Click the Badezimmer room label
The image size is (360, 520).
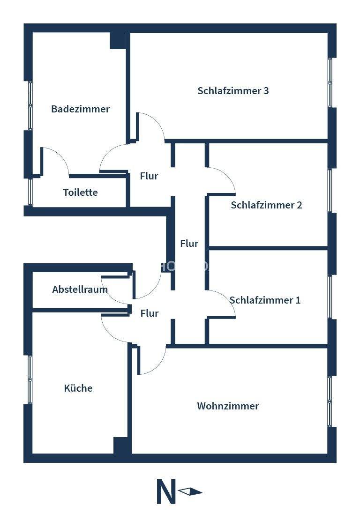click(80, 109)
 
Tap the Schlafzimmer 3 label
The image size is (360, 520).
click(233, 91)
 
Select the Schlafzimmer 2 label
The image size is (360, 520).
click(266, 205)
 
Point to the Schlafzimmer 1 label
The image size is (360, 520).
click(265, 300)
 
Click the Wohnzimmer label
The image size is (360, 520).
click(228, 406)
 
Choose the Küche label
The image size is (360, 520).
click(78, 388)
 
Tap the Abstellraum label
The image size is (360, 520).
click(80, 290)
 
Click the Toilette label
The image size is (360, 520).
click(80, 193)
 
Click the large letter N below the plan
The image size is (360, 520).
click(166, 492)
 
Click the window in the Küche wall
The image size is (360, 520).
click(30, 379)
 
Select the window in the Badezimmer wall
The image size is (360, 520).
click(30, 105)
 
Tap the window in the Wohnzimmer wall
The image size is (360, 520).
click(330, 401)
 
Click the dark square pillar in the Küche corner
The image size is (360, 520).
click(121, 445)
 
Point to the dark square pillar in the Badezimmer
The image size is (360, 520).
click(118, 40)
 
